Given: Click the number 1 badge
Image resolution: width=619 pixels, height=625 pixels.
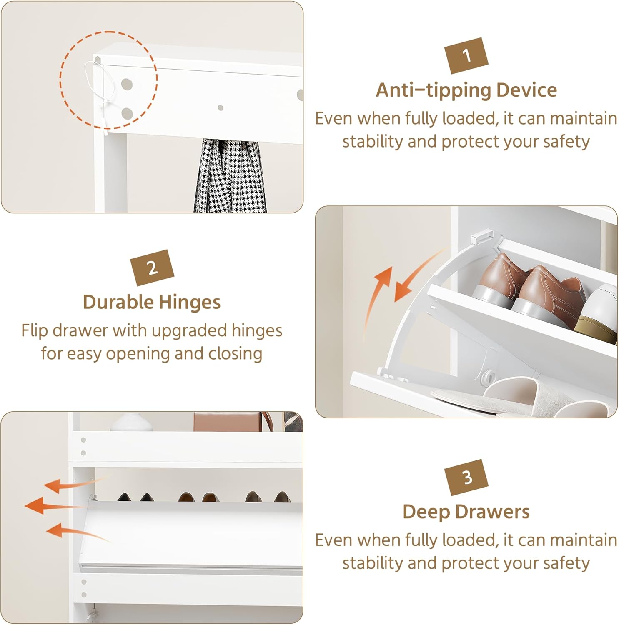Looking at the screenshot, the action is (x=466, y=55).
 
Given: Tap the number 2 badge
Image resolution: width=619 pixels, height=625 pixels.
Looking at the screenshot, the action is (x=152, y=267).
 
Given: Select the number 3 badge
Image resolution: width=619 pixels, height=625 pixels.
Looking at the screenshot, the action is (x=466, y=477).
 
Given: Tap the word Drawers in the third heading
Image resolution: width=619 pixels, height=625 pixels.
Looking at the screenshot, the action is (x=489, y=512).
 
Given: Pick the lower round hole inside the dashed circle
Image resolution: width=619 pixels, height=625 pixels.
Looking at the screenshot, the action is (x=127, y=113).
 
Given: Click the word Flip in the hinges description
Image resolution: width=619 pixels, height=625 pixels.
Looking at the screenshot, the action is (x=35, y=331).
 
